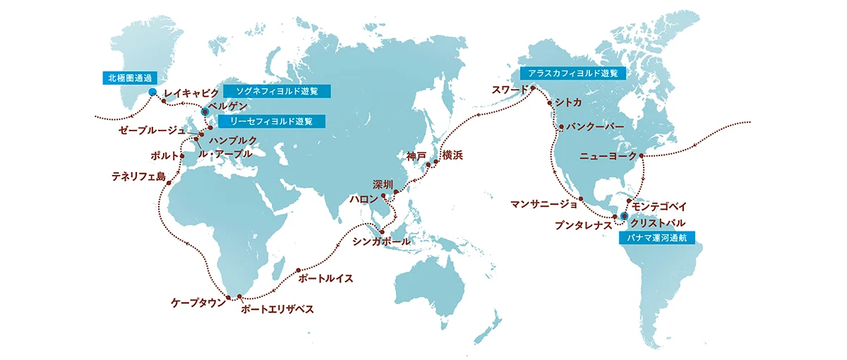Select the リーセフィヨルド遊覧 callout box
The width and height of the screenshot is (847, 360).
click(x=272, y=121)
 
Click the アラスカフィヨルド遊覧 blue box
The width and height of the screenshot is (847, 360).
click(x=572, y=73)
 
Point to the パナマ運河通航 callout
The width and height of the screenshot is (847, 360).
click(x=656, y=238)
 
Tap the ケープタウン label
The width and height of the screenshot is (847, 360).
click(x=198, y=302)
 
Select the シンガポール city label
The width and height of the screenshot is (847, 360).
click(x=381, y=242)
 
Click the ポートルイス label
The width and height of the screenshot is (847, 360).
click(x=326, y=278)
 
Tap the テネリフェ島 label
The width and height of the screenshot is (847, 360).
click(x=138, y=176)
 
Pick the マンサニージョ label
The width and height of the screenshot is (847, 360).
click(x=544, y=205)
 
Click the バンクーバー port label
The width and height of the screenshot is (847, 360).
click(x=595, y=127)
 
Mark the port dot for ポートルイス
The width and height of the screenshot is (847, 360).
click(x=299, y=270)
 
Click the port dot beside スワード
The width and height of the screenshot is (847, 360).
click(x=533, y=88)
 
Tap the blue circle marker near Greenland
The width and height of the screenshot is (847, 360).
click(x=152, y=92)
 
